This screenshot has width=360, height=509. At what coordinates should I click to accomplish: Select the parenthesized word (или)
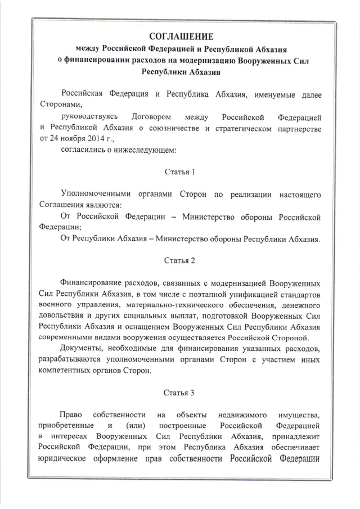click(x=136, y=426)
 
